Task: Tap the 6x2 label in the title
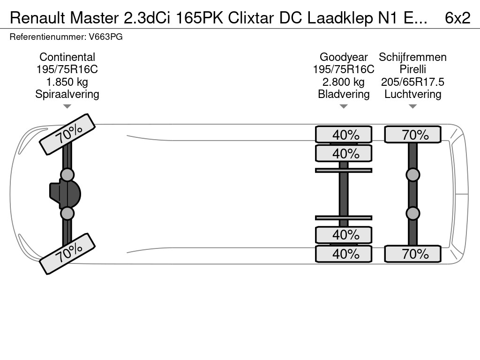pyautogui.click(x=457, y=18)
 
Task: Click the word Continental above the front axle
pyautogui.click(x=67, y=57)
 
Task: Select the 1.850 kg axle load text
pyautogui.click(x=67, y=82)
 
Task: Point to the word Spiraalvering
pyautogui.click(x=67, y=94)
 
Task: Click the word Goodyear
pyautogui.click(x=344, y=57)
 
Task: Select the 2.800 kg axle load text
pyautogui.click(x=344, y=82)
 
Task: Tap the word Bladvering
pyautogui.click(x=344, y=94)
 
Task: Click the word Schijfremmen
pyautogui.click(x=412, y=57)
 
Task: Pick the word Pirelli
pyautogui.click(x=412, y=69)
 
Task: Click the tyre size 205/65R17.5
pyautogui.click(x=412, y=82)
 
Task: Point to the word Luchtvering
pyautogui.click(x=412, y=94)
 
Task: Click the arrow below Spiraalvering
pyautogui.click(x=67, y=106)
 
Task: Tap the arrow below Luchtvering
pyautogui.click(x=412, y=106)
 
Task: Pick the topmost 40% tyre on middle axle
pyautogui.click(x=344, y=135)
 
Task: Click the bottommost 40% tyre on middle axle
pyautogui.click(x=344, y=254)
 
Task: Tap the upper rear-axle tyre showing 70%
pyautogui.click(x=412, y=135)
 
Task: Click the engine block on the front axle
pyautogui.click(x=66, y=194)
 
